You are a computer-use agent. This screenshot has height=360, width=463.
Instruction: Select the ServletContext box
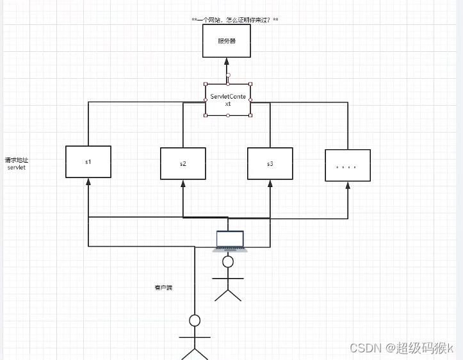click(x=228, y=100)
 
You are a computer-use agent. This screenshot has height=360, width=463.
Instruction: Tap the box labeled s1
click(x=88, y=162)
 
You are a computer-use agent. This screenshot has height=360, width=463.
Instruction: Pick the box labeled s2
click(x=183, y=164)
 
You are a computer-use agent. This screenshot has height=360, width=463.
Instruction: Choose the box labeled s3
click(x=270, y=164)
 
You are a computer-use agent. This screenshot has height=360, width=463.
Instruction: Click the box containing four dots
click(x=347, y=166)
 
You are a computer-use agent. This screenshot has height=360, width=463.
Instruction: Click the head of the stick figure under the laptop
click(x=228, y=263)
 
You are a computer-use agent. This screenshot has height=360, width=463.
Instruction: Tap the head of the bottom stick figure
click(x=195, y=320)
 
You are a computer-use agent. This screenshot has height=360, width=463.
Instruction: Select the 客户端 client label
click(x=163, y=288)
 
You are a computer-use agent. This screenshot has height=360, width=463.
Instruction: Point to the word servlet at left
click(x=16, y=167)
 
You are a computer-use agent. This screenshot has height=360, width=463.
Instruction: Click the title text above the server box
click(x=234, y=20)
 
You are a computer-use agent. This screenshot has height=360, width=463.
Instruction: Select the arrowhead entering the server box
click(x=227, y=61)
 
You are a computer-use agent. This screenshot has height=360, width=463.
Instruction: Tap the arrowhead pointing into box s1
click(x=88, y=183)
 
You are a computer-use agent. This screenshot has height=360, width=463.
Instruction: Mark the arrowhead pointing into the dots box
click(x=348, y=186)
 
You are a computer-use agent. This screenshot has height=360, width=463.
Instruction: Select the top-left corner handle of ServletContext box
click(x=206, y=84)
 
